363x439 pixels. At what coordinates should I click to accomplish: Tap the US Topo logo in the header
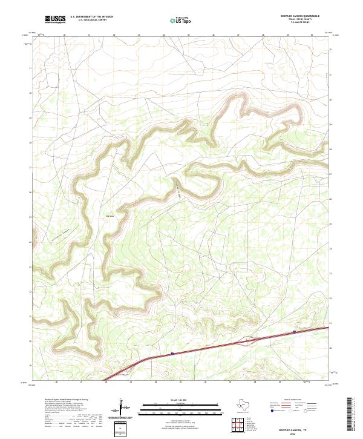(178, 20)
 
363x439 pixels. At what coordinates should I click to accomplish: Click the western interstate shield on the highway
(172, 354)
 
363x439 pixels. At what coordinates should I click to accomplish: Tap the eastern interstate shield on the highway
(295, 331)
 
